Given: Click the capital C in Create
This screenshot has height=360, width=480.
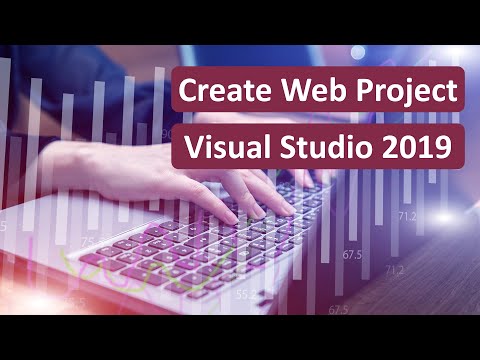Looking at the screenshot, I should (186, 92).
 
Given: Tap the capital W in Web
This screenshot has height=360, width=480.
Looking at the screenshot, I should (292, 92).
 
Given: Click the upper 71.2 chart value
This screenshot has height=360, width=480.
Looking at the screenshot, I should (407, 215).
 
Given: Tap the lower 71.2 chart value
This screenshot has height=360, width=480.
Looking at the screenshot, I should (393, 270).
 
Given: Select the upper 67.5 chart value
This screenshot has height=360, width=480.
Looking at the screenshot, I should (352, 255).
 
